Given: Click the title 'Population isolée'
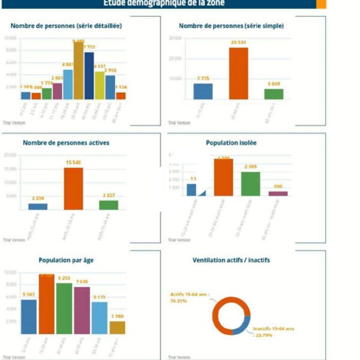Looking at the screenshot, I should click(230, 143).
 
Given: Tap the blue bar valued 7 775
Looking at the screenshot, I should click(203, 91).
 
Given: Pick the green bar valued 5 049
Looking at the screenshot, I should click(274, 94).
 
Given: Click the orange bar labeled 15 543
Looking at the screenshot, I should click(73, 188).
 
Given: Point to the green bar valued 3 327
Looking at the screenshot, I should click(109, 205).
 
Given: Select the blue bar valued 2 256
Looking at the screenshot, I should click(38, 207).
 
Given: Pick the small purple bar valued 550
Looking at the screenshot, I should click(278, 194).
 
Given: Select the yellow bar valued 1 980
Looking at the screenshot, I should click(117, 328).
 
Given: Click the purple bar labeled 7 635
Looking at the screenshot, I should click(82, 310).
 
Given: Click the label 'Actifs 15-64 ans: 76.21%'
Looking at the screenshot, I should click(187, 298).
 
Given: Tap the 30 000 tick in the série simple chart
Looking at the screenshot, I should click(175, 38).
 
